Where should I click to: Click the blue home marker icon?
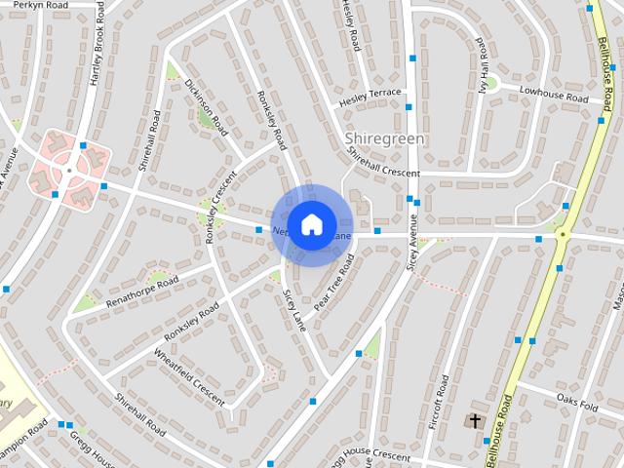pyautogui.click(x=311, y=224)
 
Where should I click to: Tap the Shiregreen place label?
pyautogui.click(x=385, y=139)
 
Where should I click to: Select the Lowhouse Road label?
pyautogui.click(x=553, y=95)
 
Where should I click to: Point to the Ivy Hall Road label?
pyautogui.click(x=481, y=65)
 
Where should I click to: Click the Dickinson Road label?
pyautogui.click(x=206, y=106)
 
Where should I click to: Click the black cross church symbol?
pyautogui.click(x=475, y=421)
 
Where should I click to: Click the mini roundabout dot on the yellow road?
pyautogui.click(x=562, y=234)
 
